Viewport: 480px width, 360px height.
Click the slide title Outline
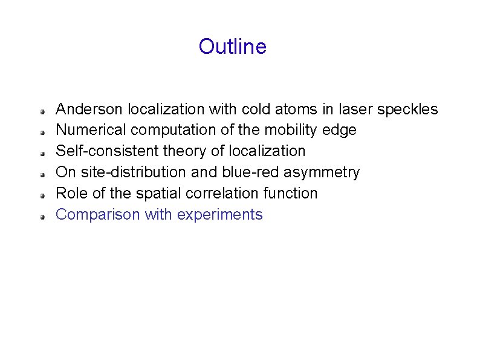tap(232, 47)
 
